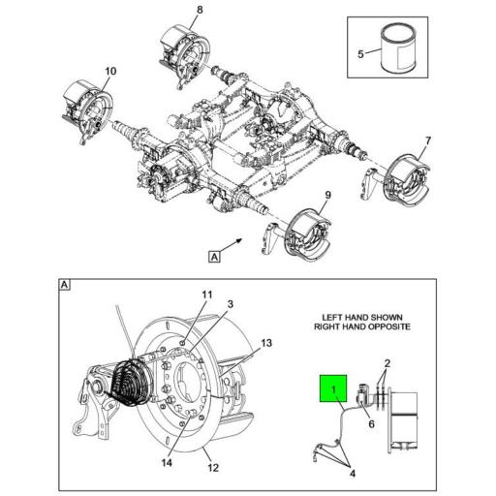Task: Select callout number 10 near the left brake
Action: pyautogui.click(x=109, y=71)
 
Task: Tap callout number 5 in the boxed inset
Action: pyautogui.click(x=360, y=54)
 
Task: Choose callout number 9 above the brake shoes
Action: pyautogui.click(x=327, y=196)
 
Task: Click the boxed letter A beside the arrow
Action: pyautogui.click(x=213, y=258)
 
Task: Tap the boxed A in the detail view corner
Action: pyautogui.click(x=64, y=285)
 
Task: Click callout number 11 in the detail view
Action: pyautogui.click(x=205, y=294)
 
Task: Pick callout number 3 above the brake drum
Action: pyautogui.click(x=231, y=305)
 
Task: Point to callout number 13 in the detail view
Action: pyautogui.click(x=267, y=342)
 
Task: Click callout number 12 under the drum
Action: pyautogui.click(x=213, y=468)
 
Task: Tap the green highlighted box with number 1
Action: pyautogui.click(x=333, y=390)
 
